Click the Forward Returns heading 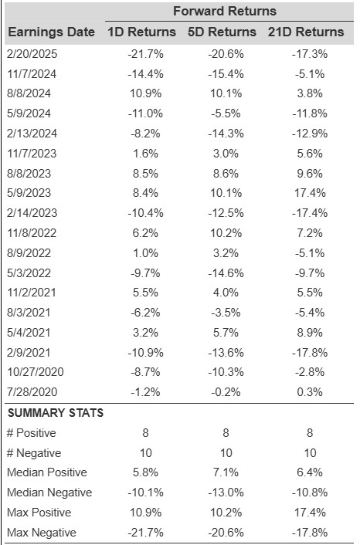[x=225, y=11]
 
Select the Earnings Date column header [x=51, y=32]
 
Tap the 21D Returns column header [x=306, y=32]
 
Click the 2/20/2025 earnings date [x=32, y=54]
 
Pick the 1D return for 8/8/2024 [x=145, y=93]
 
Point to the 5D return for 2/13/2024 [x=226, y=134]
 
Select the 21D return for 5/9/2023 [x=310, y=193]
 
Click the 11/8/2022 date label [x=32, y=233]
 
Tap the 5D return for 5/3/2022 [x=226, y=272]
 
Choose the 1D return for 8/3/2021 [x=145, y=313]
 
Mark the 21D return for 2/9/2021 [x=310, y=353]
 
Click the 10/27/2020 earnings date [x=36, y=372]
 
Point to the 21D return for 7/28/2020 [x=310, y=392]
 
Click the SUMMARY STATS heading [x=56, y=413]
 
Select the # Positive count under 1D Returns [x=145, y=433]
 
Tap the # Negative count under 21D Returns [x=310, y=453]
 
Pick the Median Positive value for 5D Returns [x=226, y=472]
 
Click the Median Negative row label [x=49, y=493]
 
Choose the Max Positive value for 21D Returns [x=310, y=513]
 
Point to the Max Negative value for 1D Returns [x=145, y=533]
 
